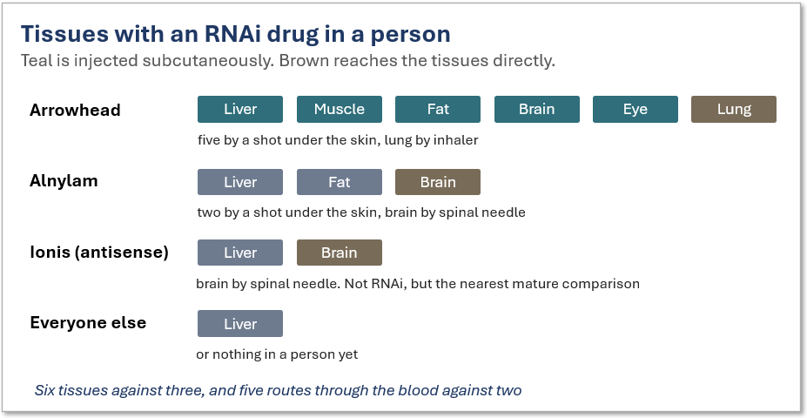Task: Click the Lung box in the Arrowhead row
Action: [x=733, y=109]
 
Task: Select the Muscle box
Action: [x=340, y=109]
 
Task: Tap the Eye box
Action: [x=636, y=109]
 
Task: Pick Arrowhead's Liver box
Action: [x=239, y=109]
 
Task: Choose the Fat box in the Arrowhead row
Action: [x=438, y=109]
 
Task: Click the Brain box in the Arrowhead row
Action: [x=537, y=109]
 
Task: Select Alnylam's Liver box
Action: [x=239, y=182]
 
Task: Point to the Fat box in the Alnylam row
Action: [x=340, y=182]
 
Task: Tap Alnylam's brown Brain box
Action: [x=438, y=182]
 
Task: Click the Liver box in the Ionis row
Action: [x=239, y=253]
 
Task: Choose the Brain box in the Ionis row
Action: [x=340, y=253]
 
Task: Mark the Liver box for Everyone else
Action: [x=239, y=324]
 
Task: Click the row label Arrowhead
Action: [x=75, y=111]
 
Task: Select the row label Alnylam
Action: [x=64, y=182]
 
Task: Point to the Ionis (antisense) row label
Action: [x=99, y=253]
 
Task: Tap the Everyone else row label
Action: [x=88, y=323]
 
